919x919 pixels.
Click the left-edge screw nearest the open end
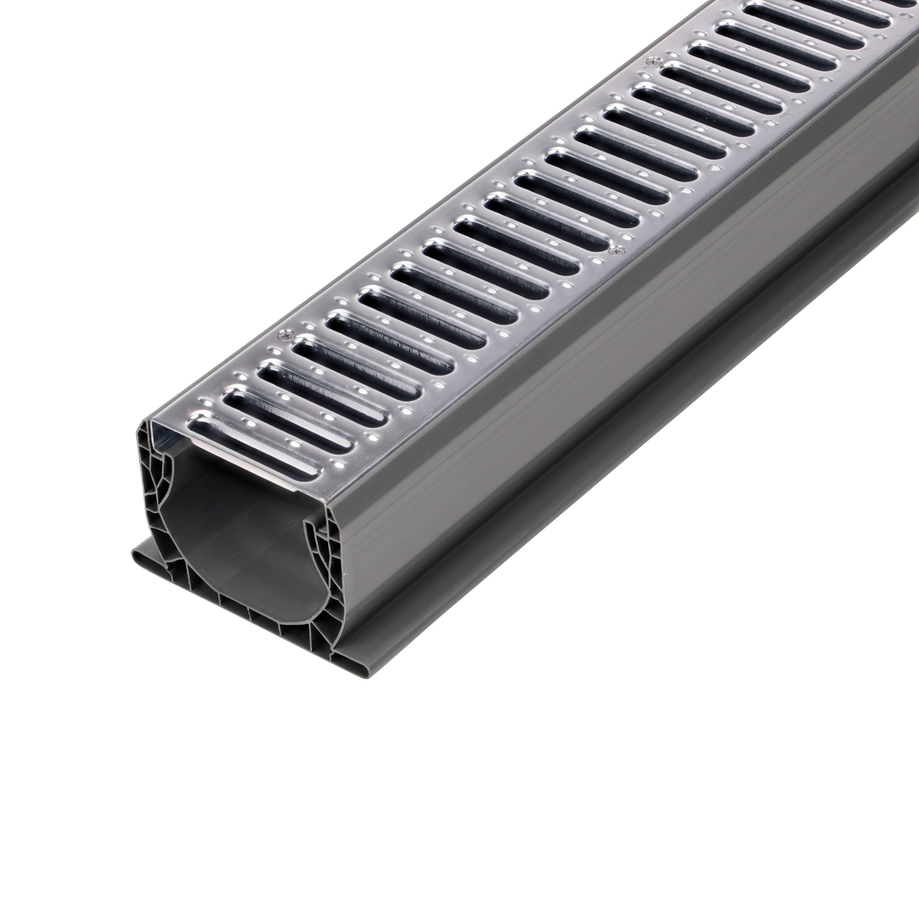pos(286,335)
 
